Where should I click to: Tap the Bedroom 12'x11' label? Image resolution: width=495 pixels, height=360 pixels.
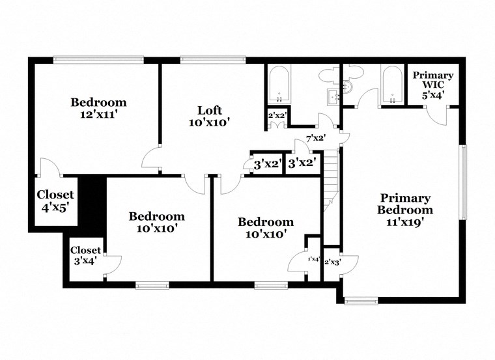(98, 107)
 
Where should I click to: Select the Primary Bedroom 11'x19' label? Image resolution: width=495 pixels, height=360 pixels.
(405, 209)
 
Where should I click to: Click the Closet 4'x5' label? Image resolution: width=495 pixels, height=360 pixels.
(55, 201)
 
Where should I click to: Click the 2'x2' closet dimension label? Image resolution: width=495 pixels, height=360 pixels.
(277, 117)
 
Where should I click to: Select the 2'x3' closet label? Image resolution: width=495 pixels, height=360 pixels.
(332, 262)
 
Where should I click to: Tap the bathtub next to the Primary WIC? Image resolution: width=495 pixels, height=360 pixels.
(391, 85)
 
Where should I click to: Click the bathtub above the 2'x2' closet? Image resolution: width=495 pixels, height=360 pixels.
(279, 85)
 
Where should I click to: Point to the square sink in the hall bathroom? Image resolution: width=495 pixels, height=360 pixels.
(332, 98)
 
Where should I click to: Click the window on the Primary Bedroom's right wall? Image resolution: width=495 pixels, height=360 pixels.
(464, 182)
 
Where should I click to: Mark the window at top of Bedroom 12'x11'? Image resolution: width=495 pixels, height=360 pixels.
(97, 60)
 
